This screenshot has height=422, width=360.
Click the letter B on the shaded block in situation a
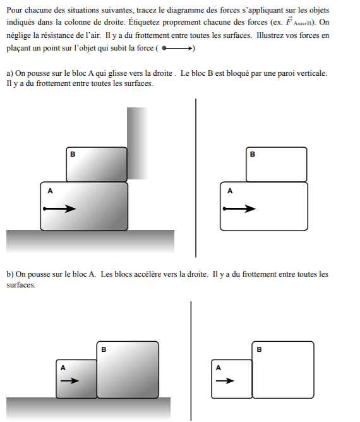click(73, 154)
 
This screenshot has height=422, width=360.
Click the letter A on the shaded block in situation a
click(50, 191)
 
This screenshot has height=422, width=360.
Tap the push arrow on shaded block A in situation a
click(59, 208)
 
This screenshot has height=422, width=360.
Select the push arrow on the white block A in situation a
click(239, 208)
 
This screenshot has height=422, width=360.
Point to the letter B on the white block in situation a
click(253, 154)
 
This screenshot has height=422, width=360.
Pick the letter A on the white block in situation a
click(230, 191)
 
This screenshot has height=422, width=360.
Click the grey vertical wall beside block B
click(137, 143)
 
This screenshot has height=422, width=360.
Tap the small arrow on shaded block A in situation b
click(69, 380)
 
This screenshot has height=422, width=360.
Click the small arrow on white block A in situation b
click(225, 380)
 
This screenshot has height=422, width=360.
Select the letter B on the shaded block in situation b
click(104, 349)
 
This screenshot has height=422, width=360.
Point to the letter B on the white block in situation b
click(259, 349)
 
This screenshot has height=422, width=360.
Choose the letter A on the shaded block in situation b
click(63, 368)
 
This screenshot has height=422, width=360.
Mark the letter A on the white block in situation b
click(218, 368)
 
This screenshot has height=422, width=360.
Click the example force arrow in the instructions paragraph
click(177, 49)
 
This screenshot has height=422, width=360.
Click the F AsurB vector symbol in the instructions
click(299, 21)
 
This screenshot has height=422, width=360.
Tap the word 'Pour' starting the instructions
click(15, 10)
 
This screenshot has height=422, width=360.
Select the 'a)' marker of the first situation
click(9, 73)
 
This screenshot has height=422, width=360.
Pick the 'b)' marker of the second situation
click(10, 274)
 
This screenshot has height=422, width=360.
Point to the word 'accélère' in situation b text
click(149, 274)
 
